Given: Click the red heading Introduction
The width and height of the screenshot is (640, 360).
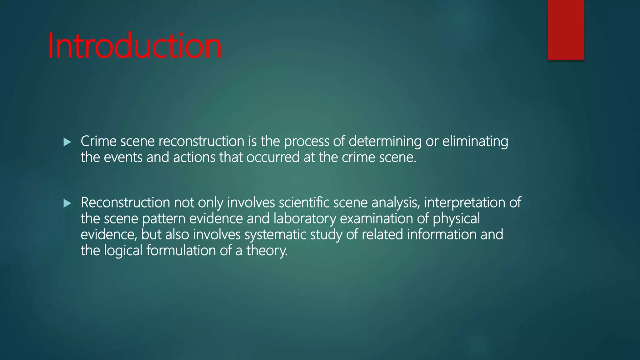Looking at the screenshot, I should (x=135, y=46).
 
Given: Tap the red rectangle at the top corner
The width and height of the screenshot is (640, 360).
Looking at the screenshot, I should (x=566, y=30).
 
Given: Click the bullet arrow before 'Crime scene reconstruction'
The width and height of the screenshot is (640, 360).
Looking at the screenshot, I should (x=67, y=142).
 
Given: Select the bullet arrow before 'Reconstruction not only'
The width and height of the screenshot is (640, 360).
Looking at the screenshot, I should (x=67, y=203).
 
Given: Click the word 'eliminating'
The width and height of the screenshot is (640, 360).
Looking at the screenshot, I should (x=475, y=141).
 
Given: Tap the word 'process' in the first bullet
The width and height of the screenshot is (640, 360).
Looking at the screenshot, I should (x=306, y=141).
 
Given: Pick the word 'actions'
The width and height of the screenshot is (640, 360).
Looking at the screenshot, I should (x=194, y=157).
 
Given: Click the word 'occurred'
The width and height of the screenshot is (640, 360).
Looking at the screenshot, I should (x=273, y=157).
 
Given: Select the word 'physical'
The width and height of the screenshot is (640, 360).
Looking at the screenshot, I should (x=456, y=218).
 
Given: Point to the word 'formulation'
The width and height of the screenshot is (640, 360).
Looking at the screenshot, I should (x=181, y=251).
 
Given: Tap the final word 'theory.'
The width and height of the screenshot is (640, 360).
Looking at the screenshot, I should (x=267, y=251).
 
